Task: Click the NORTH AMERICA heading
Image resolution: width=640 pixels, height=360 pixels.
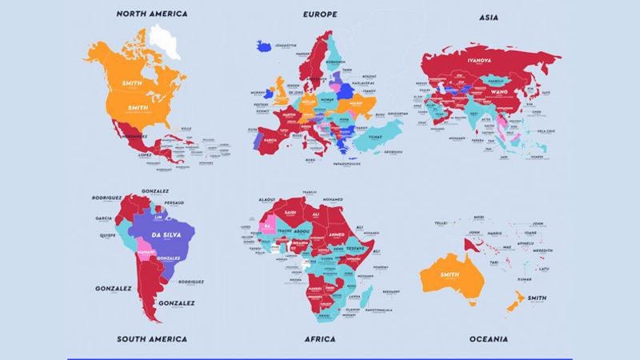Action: pos(151,14)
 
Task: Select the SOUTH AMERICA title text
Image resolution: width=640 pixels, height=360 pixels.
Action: pos(151,339)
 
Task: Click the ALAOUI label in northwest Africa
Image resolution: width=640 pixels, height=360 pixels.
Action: pos(266,198)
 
